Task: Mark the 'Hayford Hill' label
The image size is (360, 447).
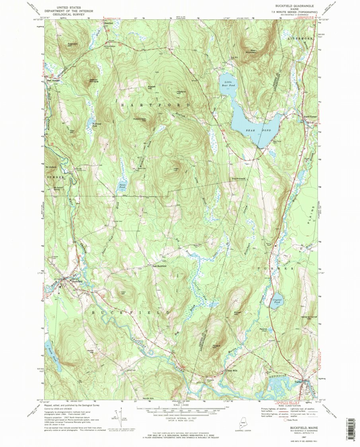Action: click(x=181, y=92)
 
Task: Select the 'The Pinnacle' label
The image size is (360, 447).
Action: click(x=238, y=179)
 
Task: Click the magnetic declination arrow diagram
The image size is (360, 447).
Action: click(x=123, y=418)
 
